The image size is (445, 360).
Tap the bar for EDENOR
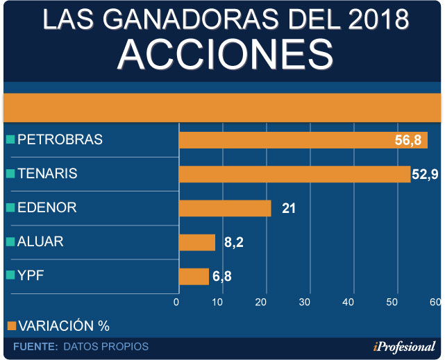224,208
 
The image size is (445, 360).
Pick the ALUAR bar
197,242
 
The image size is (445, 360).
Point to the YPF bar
194,276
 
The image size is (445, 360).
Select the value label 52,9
424,173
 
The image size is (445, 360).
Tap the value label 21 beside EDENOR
289,208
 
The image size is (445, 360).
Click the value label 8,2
233,242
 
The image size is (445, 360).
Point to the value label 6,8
222,276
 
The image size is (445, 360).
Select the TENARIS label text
47,173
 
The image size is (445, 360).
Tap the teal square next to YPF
10,275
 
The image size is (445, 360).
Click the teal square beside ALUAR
10,241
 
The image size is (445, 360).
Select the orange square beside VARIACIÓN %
10,325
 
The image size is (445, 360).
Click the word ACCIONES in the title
222,53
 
